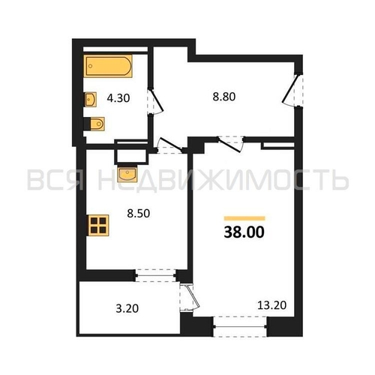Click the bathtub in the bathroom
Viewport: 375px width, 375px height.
click(x=108, y=66)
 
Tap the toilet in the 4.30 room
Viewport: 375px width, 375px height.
click(x=94, y=124)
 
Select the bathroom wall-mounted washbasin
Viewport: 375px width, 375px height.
click(x=90, y=100)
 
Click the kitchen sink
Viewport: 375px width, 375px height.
click(x=127, y=173)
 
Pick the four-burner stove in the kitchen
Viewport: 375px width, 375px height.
click(x=98, y=225)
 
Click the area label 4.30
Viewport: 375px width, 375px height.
click(x=118, y=98)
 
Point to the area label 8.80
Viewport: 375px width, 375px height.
click(x=224, y=97)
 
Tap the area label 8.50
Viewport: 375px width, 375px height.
click(x=139, y=214)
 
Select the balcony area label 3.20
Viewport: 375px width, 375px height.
click(x=127, y=308)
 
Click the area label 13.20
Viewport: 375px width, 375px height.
click(x=271, y=305)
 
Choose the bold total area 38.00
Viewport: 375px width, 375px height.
click(x=244, y=232)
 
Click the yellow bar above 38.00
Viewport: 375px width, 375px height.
click(x=244, y=218)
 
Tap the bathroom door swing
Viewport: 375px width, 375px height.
click(x=155, y=101)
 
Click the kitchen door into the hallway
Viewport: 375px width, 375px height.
click(x=170, y=145)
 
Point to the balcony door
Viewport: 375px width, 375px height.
click(x=190, y=297)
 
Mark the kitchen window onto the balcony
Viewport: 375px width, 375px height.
click(x=155, y=275)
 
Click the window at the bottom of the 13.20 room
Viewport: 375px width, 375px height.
click(x=240, y=326)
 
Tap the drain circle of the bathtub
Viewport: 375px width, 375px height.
click(x=91, y=66)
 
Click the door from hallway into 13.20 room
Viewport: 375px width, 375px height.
click(x=231, y=144)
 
